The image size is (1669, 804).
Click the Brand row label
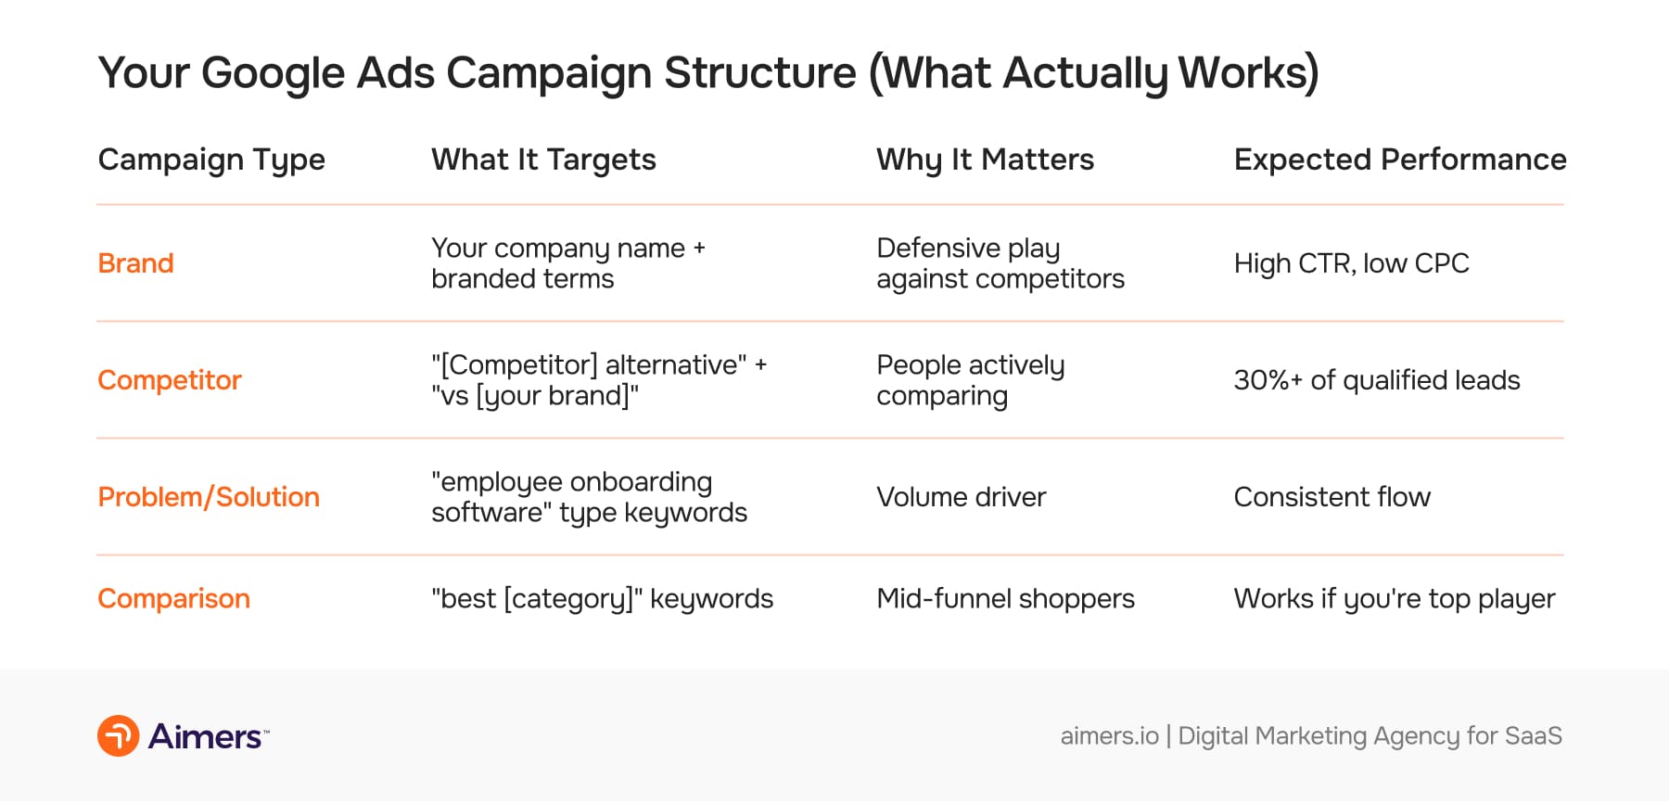[135, 263]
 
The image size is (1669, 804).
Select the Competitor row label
[170, 380]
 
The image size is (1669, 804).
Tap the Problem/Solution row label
[209, 497]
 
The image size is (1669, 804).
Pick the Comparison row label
[173, 599]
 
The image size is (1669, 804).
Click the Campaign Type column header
[211, 160]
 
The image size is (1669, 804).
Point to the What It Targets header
[543, 160]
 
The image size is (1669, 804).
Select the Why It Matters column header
[985, 160]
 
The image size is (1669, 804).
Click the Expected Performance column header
[1399, 160]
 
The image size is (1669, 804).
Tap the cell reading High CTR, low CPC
[1351, 263]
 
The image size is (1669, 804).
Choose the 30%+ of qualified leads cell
[1376, 380]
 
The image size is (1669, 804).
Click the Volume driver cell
[961, 497]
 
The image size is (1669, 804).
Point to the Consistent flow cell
[1331, 497]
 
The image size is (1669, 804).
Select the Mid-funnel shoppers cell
[1005, 599]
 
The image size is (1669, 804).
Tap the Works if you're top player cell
[1394, 599]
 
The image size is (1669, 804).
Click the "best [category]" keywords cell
[602, 599]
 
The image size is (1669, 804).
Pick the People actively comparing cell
[970, 380]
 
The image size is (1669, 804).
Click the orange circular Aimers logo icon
[119, 736]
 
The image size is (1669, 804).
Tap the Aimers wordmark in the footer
[206, 736]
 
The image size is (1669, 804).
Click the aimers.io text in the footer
[1109, 736]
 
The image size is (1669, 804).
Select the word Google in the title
[273, 72]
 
